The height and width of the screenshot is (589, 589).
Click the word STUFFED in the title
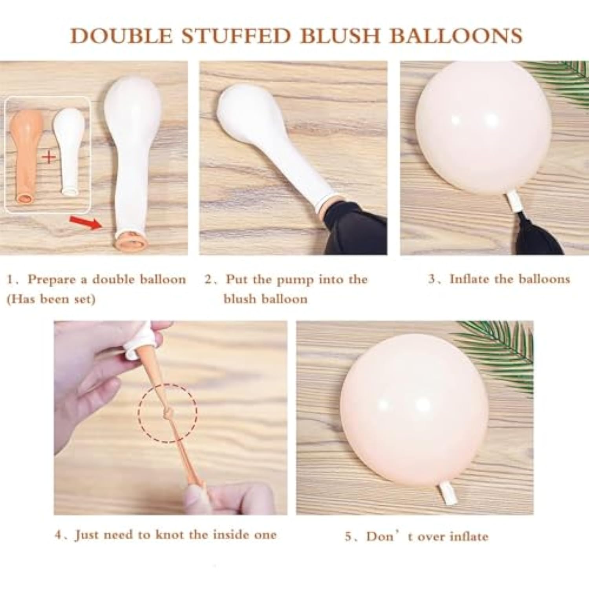coord(236,35)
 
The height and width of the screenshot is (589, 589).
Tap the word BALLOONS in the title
coord(455,35)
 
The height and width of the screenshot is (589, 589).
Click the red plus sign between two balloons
coord(49,157)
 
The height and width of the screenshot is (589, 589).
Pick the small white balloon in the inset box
coord(69,149)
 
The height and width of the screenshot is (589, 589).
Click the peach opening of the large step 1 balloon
coord(129,240)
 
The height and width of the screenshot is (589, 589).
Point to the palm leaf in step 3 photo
coord(565,79)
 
